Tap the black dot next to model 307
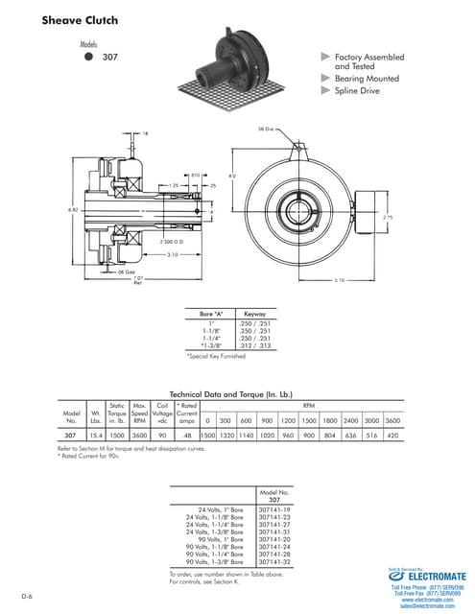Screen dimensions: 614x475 [x=89, y=57]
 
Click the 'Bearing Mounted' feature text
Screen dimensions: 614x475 [x=367, y=79]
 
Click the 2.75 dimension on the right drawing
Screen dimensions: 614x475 [x=387, y=217]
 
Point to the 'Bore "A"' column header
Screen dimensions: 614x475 [x=211, y=313]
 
